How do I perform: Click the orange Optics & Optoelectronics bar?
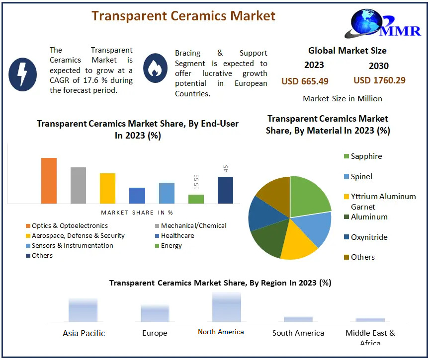tap(49, 181)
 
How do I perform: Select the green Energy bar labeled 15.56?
tap(196, 199)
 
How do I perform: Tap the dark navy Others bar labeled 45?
tap(225, 190)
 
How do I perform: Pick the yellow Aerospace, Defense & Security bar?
tap(107, 188)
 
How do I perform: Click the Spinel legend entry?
tap(358, 176)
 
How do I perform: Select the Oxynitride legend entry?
tap(365, 237)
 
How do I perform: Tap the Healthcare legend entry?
tap(174, 236)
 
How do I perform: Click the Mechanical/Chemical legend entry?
tap(190, 226)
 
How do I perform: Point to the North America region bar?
tap(227, 307)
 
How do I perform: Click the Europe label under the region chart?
tap(155, 333)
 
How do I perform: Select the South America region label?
tap(298, 333)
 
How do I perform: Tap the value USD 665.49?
tap(305, 81)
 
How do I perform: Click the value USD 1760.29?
tap(379, 80)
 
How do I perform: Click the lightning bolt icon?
tap(22, 74)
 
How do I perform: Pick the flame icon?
tap(155, 68)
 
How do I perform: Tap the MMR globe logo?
tap(382, 24)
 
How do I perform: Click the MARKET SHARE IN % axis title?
tap(137, 213)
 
